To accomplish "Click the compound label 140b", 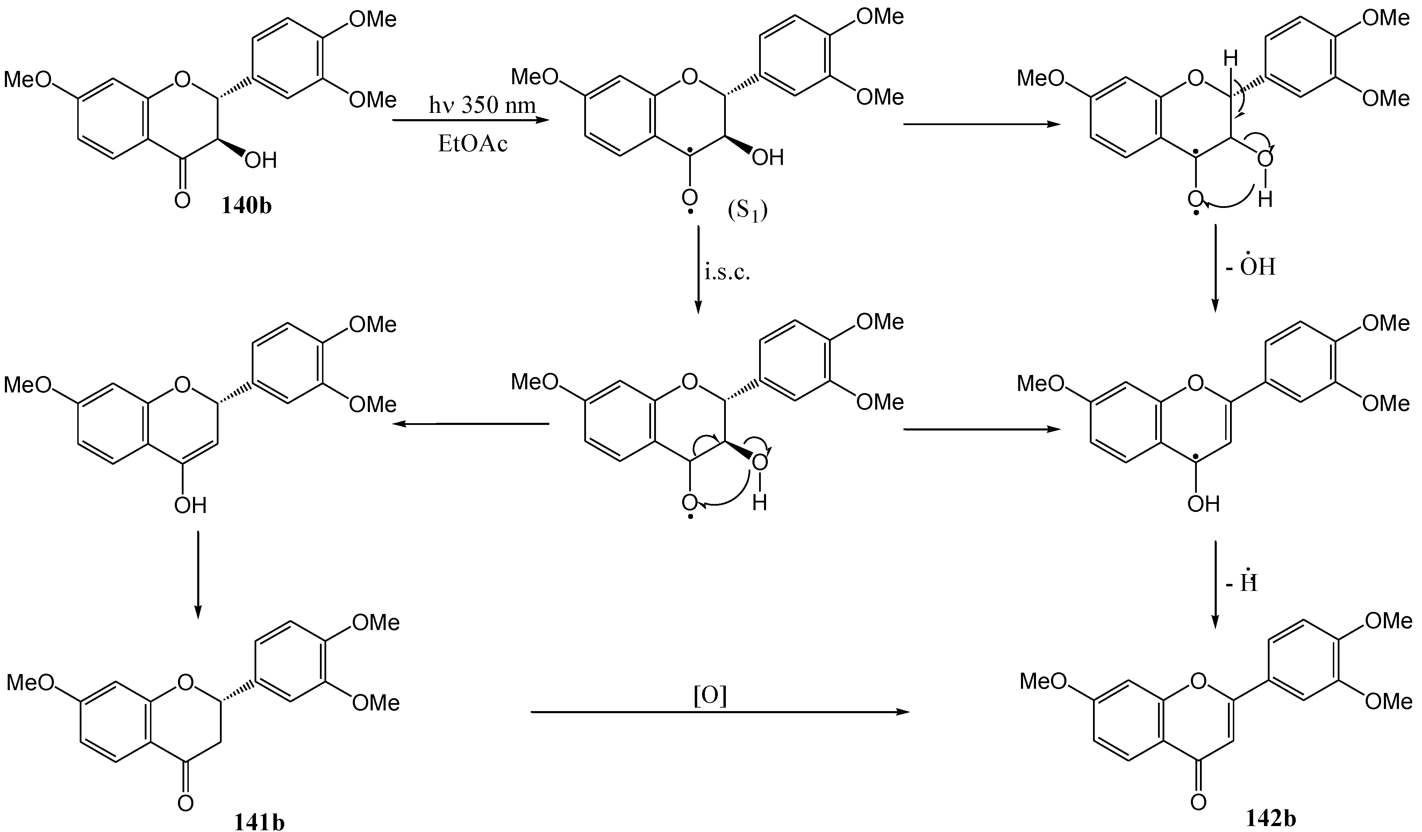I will pos(246,206).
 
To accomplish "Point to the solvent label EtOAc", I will pos(473,144).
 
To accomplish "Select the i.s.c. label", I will pos(727,273).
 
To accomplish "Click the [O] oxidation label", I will pos(709,697).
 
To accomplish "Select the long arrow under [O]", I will pos(720,712).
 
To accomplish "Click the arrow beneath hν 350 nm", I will pos(471,120).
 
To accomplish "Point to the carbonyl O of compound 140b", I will pos(182,200).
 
